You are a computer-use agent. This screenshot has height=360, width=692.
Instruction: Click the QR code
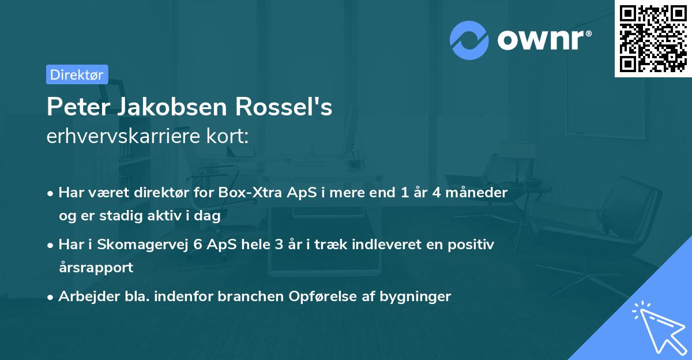[x=653, y=39]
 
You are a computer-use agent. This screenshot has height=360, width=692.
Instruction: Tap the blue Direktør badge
[x=77, y=74]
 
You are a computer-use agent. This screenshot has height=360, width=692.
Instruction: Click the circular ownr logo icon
[x=470, y=40]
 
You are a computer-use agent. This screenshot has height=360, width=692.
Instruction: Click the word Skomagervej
[x=141, y=245]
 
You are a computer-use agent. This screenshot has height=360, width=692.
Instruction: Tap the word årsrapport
[x=96, y=267]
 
